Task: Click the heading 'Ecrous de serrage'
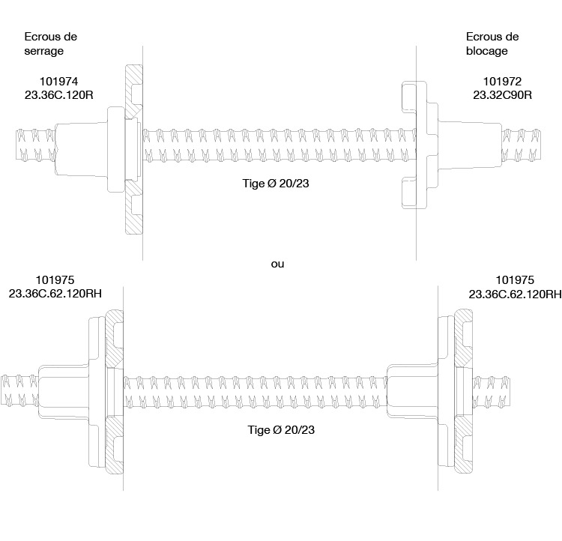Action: tap(50, 43)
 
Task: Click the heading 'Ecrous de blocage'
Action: tap(492, 43)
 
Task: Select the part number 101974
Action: tap(58, 82)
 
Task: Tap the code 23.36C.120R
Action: tap(58, 95)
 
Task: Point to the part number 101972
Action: tap(502, 82)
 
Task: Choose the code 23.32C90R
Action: tap(502, 95)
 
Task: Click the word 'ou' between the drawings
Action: tap(277, 265)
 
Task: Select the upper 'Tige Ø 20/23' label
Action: tap(276, 183)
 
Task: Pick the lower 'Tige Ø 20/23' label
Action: tap(281, 429)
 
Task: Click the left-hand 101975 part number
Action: tap(55, 280)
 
